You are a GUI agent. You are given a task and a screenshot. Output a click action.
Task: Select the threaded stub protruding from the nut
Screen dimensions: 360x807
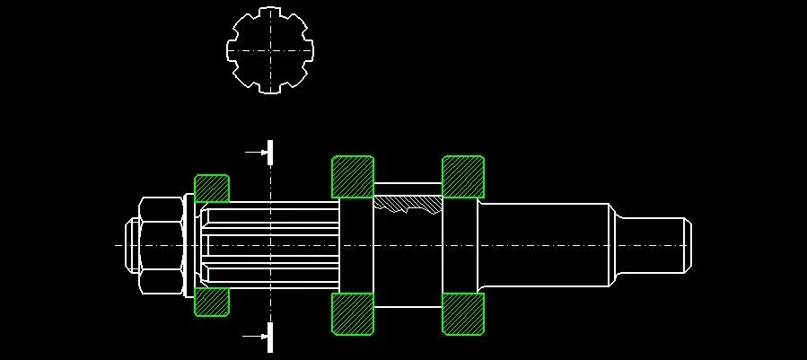129,244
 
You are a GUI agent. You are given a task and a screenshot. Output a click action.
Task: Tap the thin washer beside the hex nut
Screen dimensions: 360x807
188,244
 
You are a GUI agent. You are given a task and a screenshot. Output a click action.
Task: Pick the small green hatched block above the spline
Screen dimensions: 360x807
212,189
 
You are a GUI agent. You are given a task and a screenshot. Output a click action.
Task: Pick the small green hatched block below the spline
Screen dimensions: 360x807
212,303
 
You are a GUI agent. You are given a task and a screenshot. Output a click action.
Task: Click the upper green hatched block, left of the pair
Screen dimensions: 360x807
353,177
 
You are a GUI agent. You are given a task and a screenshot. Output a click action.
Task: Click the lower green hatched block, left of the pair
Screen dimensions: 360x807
353,313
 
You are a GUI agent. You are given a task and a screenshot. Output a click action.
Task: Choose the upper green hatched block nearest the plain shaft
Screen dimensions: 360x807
463,177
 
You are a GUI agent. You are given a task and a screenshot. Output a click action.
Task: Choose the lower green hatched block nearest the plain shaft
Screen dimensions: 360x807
463,313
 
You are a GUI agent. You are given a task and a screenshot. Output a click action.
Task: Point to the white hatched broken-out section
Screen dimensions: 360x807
408,206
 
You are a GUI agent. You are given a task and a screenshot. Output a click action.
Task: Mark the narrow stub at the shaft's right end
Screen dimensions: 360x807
651,244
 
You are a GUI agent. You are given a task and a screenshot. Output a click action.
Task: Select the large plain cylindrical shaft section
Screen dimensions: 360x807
543,244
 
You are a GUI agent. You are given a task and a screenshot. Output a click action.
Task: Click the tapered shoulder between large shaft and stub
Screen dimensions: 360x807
615,244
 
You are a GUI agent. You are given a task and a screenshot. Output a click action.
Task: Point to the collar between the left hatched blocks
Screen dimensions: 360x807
356,244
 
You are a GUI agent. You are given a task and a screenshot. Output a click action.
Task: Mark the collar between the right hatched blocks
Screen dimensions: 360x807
461,244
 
